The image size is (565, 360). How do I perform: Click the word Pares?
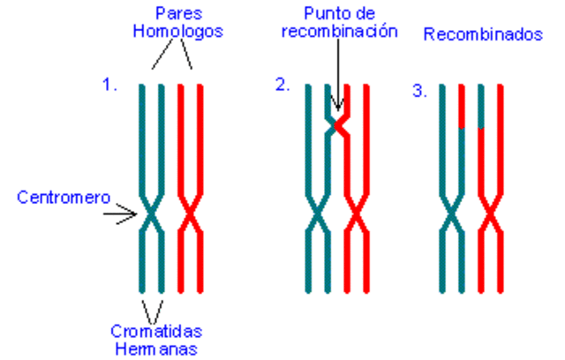176,14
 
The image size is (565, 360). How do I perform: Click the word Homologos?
176,31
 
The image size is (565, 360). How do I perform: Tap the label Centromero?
58,197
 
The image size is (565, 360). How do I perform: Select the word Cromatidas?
157,331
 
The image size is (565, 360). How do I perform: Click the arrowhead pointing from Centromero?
136,213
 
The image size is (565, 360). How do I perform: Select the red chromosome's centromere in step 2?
355,214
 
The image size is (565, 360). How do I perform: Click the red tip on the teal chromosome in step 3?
461,107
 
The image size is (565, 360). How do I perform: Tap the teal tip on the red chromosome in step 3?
479,107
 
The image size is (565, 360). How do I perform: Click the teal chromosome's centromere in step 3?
450,214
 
